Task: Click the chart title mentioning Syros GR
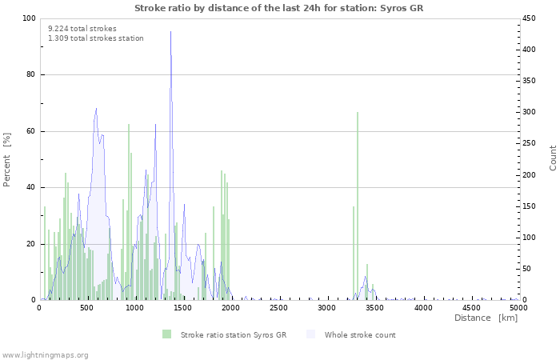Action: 278,8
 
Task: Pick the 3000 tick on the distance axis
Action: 326,308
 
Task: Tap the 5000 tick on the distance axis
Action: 518,308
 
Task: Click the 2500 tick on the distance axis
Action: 278,308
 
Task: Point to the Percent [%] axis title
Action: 8,159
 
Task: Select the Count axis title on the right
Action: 553,158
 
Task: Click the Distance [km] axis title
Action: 486,318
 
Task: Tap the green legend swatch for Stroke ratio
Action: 166,334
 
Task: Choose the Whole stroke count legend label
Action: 360,334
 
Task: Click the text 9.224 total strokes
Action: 82,28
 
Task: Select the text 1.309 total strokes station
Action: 96,38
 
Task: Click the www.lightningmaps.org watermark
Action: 46,354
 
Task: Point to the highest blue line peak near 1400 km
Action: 170,32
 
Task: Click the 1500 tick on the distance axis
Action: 182,308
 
